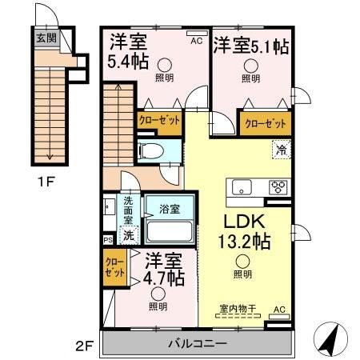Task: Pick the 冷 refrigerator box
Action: [281, 148]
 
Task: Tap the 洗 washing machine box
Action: [127, 236]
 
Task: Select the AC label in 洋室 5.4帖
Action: [194, 37]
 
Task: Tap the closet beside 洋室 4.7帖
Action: [115, 267]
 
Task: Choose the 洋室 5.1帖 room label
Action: [250, 47]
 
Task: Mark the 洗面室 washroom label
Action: [127, 209]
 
